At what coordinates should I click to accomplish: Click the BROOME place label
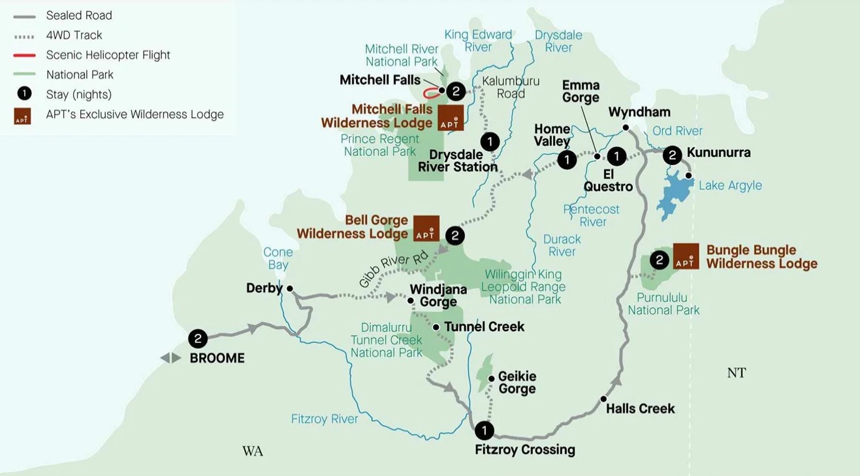coord(217,358)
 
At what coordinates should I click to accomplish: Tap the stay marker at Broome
coord(198,338)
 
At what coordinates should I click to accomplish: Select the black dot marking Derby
coord(290,288)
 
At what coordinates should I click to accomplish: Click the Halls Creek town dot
coord(603,399)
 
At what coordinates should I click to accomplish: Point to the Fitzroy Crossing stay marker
coord(484,430)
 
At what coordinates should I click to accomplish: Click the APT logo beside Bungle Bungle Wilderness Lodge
coord(686,256)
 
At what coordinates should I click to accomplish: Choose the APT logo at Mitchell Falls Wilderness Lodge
coord(451,117)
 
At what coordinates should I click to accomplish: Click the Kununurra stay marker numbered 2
coord(672,155)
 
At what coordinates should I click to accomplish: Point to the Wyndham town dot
coord(626,128)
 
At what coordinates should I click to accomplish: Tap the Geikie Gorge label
coord(517,383)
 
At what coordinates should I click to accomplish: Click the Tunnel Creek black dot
coord(436,327)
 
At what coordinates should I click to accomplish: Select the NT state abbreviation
coord(736,373)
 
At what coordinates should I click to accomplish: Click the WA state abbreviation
coord(253,451)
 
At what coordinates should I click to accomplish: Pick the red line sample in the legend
coord(24,55)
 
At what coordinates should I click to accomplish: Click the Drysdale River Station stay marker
coord(490,141)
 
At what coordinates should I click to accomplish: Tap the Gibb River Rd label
coord(393,267)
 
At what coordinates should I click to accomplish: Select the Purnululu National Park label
coord(663,304)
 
